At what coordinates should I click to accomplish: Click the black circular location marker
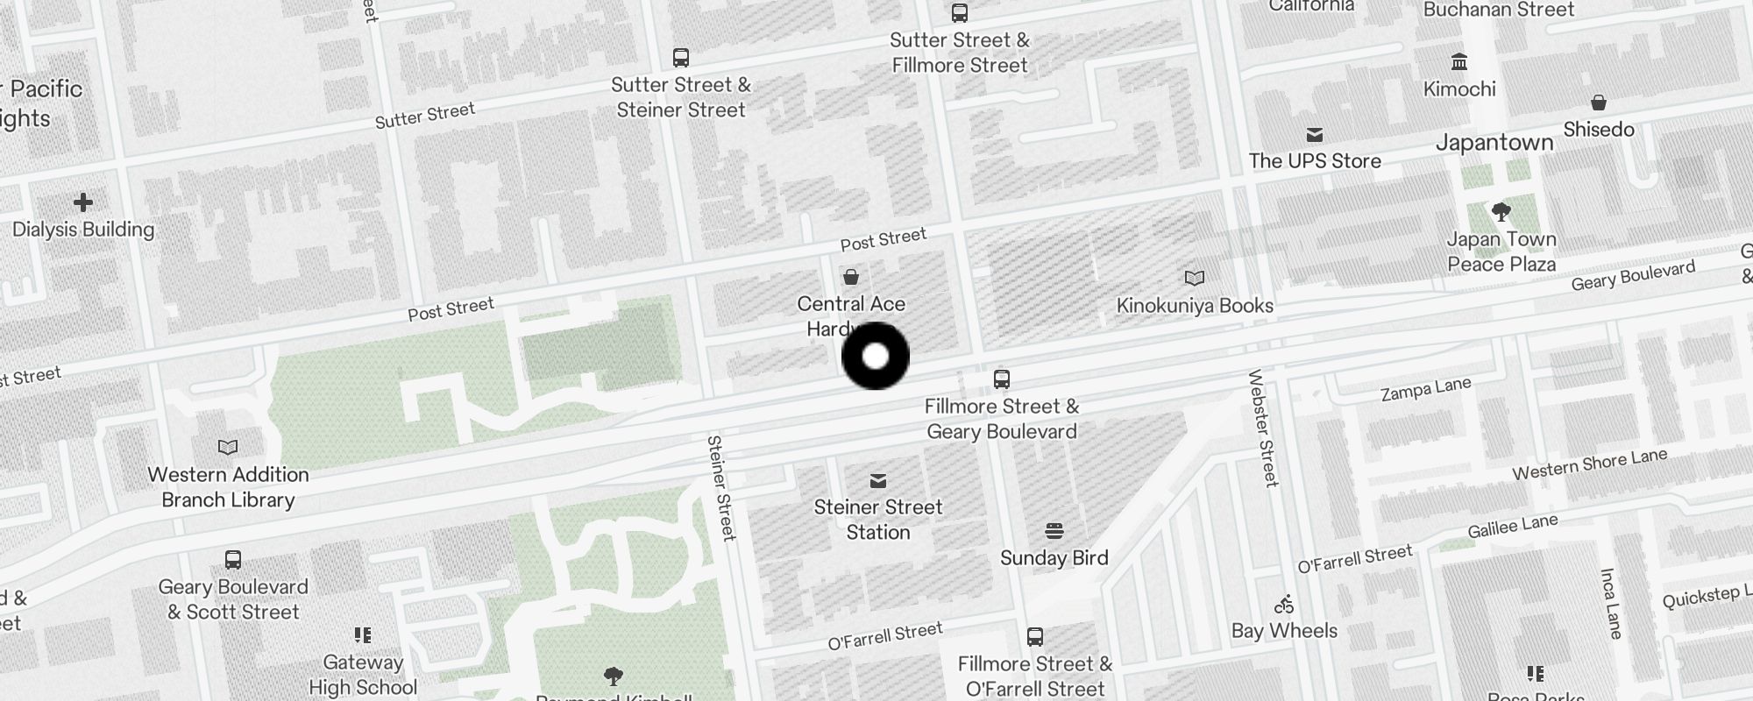click(x=875, y=356)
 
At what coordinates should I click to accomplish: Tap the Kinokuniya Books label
click(x=1195, y=306)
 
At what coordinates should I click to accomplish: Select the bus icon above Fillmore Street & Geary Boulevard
click(x=1002, y=379)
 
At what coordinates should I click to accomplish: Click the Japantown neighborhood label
click(x=1494, y=143)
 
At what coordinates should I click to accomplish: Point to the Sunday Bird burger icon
click(x=1054, y=531)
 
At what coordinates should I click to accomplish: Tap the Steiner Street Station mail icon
click(x=878, y=481)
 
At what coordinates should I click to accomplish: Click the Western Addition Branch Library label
click(x=228, y=487)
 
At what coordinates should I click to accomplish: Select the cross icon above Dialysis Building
click(x=83, y=203)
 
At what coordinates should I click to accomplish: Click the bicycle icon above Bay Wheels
click(x=1284, y=605)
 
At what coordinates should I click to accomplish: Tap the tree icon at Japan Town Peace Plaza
click(x=1501, y=212)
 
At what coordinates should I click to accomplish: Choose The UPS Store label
click(x=1315, y=161)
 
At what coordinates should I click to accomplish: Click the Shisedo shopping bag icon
click(x=1599, y=103)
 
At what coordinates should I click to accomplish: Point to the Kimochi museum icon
click(x=1459, y=62)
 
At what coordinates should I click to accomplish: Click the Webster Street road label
click(x=1263, y=428)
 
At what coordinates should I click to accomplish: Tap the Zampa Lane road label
click(x=1425, y=390)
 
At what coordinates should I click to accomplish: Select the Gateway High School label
click(x=363, y=675)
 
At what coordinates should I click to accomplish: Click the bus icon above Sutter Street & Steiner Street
click(x=681, y=58)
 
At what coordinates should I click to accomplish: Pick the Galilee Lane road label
click(x=1512, y=527)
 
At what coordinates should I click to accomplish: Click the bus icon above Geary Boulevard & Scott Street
click(x=233, y=560)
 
